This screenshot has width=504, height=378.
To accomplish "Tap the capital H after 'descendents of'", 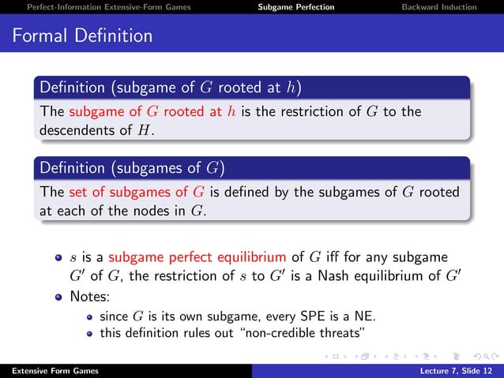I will coord(144,129).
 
